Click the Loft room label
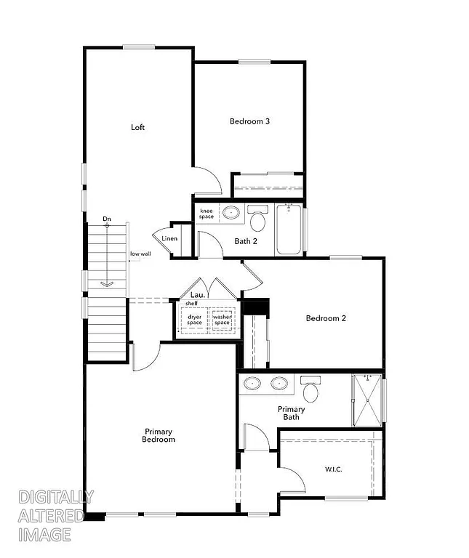point(137,127)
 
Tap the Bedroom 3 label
point(249,121)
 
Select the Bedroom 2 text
point(325,318)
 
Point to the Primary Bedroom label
point(159,435)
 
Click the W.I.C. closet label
point(333,469)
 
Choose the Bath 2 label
point(246,241)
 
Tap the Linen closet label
point(169,238)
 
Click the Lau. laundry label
point(196,295)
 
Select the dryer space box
point(195,319)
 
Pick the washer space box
point(221,319)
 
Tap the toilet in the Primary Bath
point(311,390)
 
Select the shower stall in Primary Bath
point(366,400)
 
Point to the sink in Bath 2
point(231,214)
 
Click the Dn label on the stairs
point(107,219)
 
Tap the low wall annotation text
point(140,254)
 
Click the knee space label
point(207,214)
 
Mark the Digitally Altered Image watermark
point(55,516)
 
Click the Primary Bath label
point(291,413)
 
